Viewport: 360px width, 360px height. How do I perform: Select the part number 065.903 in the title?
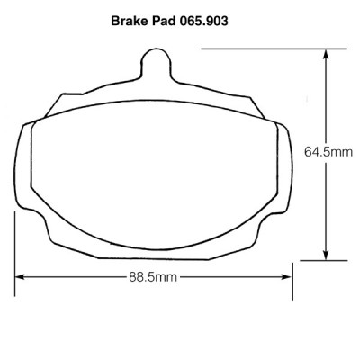[x=204, y=21]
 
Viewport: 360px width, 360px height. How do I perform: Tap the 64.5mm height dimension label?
[x=328, y=152]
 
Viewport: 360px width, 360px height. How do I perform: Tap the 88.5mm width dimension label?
[x=153, y=277]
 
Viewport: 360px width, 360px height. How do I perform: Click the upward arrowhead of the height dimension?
[x=326, y=57]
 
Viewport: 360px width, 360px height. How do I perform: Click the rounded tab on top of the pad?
[x=156, y=62]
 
